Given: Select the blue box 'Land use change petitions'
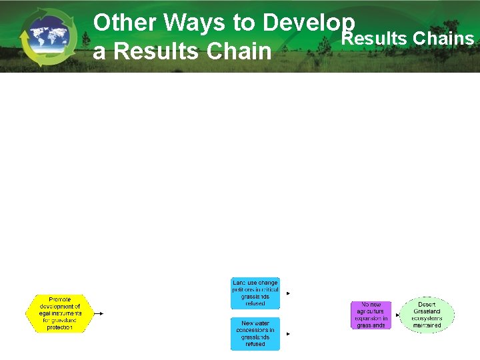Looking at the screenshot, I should click(255, 293).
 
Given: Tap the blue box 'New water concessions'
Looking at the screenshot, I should click(255, 333).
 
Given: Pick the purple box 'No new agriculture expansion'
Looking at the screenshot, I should click(371, 315).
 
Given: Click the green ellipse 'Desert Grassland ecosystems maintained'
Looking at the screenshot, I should click(427, 315).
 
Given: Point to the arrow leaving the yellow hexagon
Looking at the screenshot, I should click(98, 313).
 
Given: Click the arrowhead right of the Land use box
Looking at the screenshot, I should click(288, 293).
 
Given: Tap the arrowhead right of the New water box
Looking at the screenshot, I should click(288, 333).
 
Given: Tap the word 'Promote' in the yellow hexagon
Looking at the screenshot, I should click(59, 299).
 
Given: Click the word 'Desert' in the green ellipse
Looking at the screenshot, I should click(427, 305).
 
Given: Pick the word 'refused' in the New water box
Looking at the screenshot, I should click(255, 344).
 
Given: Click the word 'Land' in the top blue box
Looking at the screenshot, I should click(239, 283).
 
